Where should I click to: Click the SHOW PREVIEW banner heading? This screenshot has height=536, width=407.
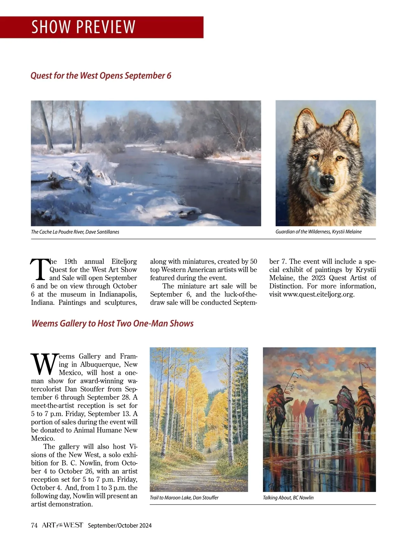(x=83, y=27)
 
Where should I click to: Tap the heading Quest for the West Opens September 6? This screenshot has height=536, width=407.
(x=101, y=75)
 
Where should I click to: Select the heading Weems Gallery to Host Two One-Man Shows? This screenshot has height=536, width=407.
(x=112, y=323)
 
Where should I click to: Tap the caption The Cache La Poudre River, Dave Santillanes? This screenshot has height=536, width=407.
(x=75, y=232)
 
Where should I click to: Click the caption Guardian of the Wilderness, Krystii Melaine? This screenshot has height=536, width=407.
(x=318, y=232)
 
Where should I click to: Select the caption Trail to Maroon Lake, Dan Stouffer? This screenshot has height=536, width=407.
(x=184, y=498)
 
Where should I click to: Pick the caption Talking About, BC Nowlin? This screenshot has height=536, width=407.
(x=288, y=498)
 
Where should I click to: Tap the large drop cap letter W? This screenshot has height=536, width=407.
(x=44, y=364)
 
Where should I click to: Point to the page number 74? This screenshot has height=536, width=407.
(x=34, y=525)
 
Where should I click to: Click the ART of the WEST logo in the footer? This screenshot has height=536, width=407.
(x=62, y=525)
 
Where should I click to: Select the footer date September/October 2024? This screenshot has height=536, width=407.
(x=120, y=525)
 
